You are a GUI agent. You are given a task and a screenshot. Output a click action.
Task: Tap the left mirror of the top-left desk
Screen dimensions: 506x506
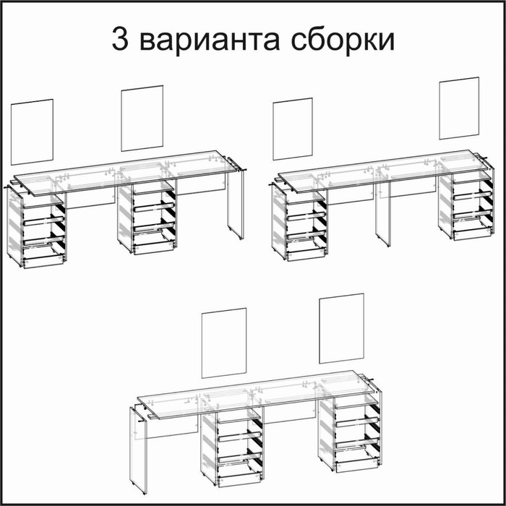(33, 132)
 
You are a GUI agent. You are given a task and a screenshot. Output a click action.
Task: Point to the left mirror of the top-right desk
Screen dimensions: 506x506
(292, 129)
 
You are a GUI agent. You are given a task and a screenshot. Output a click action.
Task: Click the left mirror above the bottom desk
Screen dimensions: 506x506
(224, 343)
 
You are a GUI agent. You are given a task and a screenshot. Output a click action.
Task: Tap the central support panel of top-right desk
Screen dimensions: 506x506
(383, 213)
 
